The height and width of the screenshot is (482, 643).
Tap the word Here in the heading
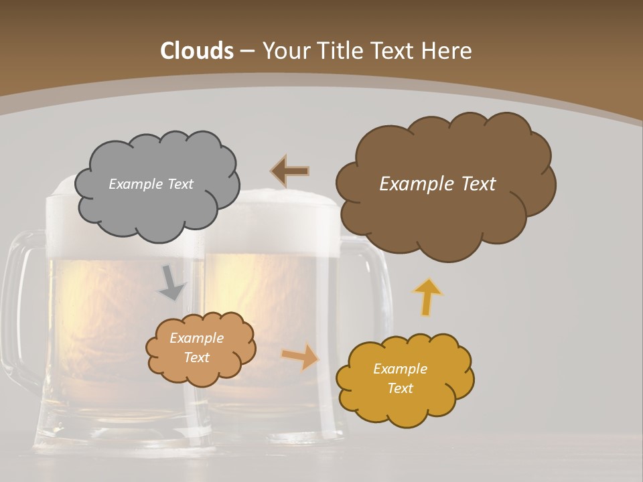click(448, 51)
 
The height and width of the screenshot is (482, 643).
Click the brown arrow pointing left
click(289, 171)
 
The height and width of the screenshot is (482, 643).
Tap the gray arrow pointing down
click(171, 284)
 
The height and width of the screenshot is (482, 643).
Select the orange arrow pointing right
click(300, 357)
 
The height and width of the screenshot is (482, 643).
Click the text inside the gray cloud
click(151, 184)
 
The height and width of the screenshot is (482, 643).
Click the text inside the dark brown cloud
click(437, 183)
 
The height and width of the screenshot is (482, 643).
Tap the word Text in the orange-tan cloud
click(197, 357)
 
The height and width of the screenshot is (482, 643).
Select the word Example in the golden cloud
click(400, 369)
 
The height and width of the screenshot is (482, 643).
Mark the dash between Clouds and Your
click(246, 52)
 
